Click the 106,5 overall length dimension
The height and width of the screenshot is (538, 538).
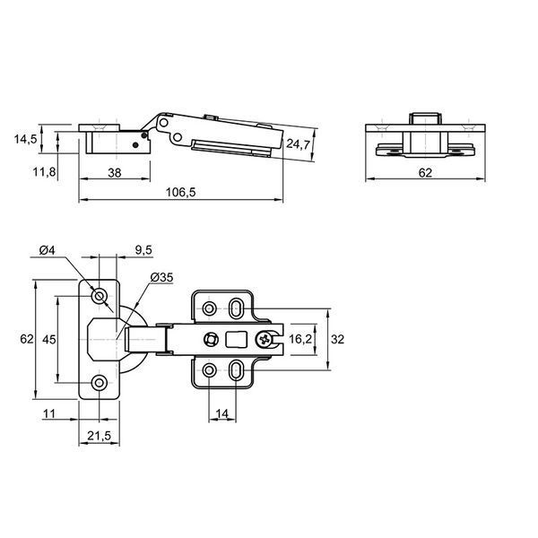pos(181,193)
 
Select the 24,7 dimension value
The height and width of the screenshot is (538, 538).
pos(299,143)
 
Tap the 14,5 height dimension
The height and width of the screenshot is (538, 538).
pos(25,139)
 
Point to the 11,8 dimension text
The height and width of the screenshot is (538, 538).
pos(44,172)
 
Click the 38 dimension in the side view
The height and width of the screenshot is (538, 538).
pos(115,173)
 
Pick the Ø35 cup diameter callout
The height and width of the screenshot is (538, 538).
pos(162,277)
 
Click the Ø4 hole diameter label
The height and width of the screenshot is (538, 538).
pos(47,250)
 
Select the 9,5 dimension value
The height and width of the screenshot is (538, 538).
pos(143,250)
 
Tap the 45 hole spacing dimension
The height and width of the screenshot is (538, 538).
pos(48,339)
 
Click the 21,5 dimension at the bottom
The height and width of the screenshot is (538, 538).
pos(100,436)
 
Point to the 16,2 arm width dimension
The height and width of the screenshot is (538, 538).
pos(300,339)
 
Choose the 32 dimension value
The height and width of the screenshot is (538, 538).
pos(337,339)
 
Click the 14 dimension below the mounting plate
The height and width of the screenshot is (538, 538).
pos(222,413)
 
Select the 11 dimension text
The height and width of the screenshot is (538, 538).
pos(48,413)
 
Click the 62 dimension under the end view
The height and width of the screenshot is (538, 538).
pos(425,173)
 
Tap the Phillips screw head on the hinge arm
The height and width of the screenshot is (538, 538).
pos(265,340)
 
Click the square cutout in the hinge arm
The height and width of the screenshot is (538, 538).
pos(236,339)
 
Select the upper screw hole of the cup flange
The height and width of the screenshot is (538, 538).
pos(100,295)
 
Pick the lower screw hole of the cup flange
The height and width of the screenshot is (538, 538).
pos(100,382)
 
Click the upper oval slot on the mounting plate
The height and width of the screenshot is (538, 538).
pos(235,308)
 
